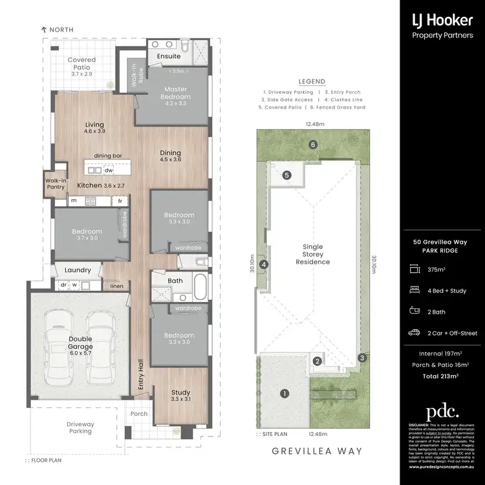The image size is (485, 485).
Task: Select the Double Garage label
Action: [x=81, y=343]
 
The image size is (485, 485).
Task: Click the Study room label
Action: [x=180, y=396]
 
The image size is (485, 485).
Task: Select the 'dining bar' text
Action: [x=108, y=156]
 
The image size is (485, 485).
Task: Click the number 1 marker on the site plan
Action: [x=283, y=393]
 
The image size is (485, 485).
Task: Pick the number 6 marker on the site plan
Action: [x=312, y=145]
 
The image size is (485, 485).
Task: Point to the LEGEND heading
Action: [x=312, y=82]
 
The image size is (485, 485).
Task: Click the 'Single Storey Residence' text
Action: [x=312, y=254]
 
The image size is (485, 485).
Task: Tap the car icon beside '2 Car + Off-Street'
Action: [x=414, y=333]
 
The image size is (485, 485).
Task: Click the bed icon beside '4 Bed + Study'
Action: [x=414, y=291]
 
